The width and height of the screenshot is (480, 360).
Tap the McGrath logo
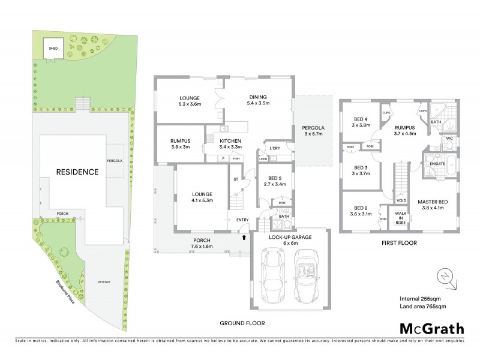point(431,328)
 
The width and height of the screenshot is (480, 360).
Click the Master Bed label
point(430,205)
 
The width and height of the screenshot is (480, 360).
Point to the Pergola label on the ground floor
point(313,131)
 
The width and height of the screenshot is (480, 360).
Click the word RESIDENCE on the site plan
point(77,172)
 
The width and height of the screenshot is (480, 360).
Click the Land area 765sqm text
point(423,307)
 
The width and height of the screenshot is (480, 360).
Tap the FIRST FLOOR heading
point(400,243)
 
